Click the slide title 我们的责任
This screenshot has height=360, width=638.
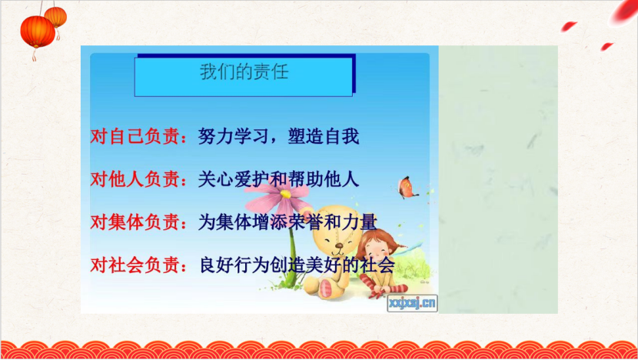pyautogui.click(x=244, y=72)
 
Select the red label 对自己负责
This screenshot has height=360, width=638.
pyautogui.click(x=135, y=136)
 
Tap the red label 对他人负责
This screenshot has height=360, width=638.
pyautogui.click(x=135, y=179)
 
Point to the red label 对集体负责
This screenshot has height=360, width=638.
pyautogui.click(x=135, y=222)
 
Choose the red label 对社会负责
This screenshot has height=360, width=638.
pyautogui.click(x=135, y=265)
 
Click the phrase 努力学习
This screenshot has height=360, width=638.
pyautogui.click(x=233, y=136)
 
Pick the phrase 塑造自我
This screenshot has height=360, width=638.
pyautogui.click(x=324, y=136)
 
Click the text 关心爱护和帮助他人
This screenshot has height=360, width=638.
pyautogui.click(x=279, y=179)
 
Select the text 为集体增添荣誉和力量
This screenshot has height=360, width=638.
pyautogui.click(x=287, y=222)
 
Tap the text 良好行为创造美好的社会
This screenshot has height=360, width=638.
pyautogui.click(x=297, y=265)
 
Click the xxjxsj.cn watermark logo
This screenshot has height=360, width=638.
pyautogui.click(x=412, y=303)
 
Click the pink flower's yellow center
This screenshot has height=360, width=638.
pyautogui.click(x=285, y=195)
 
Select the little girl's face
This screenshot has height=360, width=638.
pyautogui.click(x=377, y=251)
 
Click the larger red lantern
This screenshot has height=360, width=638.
pyautogui.click(x=38, y=32)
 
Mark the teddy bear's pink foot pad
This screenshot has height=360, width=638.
pyautogui.click(x=326, y=288)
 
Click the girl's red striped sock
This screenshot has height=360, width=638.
pyautogui.click(x=387, y=288)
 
